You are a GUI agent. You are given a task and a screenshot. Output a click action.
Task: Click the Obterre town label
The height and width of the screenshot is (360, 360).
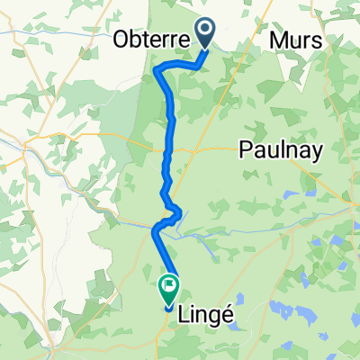[x=150, y=40]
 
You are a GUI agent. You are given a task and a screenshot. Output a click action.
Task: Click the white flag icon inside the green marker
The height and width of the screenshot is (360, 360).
[x=168, y=288]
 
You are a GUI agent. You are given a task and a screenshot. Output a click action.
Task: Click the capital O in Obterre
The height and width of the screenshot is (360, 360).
[x=121, y=40]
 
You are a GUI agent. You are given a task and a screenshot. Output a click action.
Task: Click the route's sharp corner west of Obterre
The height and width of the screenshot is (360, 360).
[x=157, y=68]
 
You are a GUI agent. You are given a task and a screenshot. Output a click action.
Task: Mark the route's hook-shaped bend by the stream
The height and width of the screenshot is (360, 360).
[x=179, y=213]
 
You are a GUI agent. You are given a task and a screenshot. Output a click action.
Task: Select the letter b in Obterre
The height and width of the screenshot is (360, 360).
[x=135, y=40]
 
